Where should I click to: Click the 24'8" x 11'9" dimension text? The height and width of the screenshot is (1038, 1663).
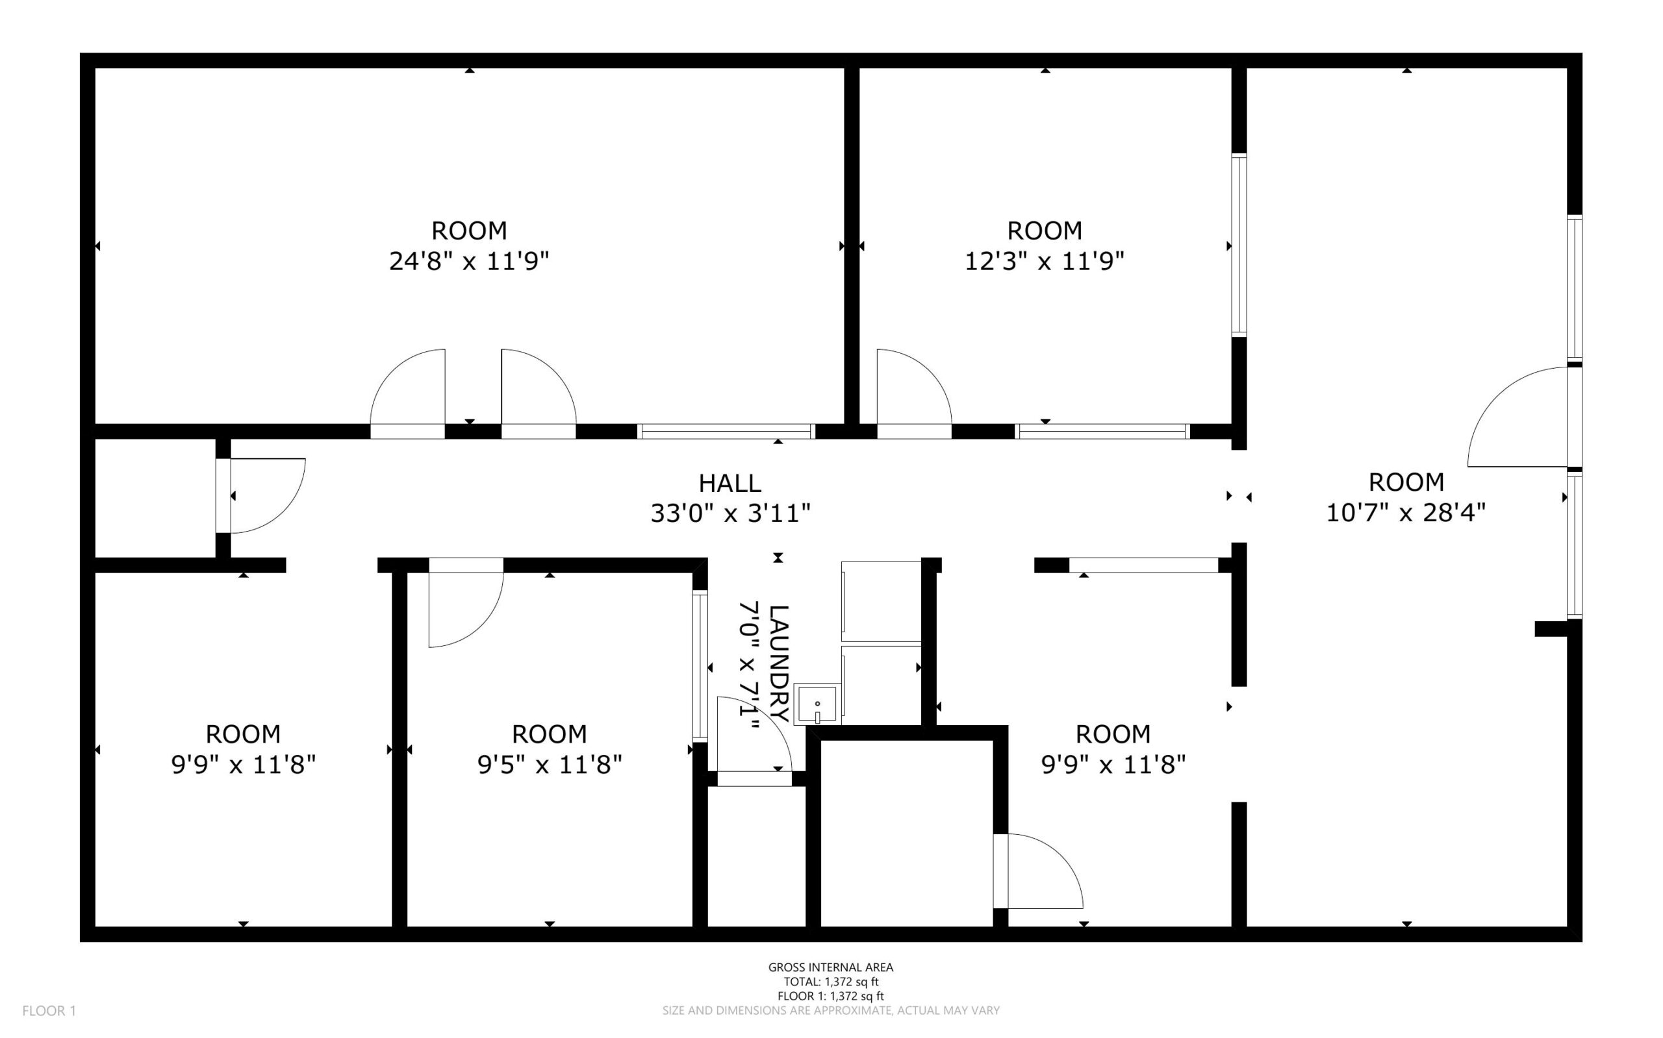(x=469, y=262)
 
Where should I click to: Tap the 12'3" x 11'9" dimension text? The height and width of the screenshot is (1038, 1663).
(x=1044, y=262)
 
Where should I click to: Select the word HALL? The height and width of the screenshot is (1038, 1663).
(x=730, y=484)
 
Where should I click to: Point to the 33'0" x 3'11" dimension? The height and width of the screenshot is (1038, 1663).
(x=730, y=513)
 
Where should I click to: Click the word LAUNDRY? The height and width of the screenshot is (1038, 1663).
(x=778, y=663)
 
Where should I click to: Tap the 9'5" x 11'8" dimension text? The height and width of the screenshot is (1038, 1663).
(x=550, y=765)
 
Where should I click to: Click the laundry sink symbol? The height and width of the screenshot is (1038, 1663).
(x=817, y=704)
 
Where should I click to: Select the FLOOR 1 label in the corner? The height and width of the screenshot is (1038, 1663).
(x=49, y=1011)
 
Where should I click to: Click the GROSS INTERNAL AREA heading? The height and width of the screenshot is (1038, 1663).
(x=830, y=967)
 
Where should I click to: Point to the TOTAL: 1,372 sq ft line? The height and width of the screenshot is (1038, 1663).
(x=830, y=982)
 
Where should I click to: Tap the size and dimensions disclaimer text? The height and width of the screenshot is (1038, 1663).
(x=830, y=1011)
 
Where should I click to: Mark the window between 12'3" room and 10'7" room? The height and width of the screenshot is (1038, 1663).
(x=1239, y=245)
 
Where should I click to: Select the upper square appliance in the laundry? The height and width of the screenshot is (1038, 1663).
(x=882, y=601)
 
